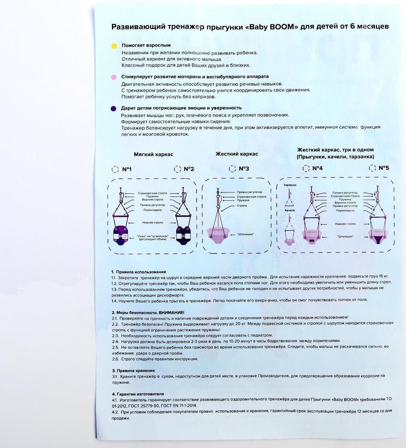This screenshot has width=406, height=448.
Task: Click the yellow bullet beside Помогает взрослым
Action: [114, 46]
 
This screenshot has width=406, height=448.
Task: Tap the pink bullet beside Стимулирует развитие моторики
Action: [114, 77]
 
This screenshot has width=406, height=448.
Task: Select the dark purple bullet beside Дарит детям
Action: [114, 109]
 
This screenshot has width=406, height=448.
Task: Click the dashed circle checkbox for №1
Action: [115, 169]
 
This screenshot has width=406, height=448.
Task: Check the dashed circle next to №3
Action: [232, 169]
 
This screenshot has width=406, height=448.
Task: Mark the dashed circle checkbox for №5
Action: [372, 168]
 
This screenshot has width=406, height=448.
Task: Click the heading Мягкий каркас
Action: [153, 154]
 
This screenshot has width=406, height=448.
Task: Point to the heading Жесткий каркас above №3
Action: [237, 154]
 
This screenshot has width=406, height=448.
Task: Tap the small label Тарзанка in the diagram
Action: [290, 185]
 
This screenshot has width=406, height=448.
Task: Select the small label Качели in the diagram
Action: [290, 210]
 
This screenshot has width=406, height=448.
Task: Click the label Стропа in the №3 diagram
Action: [242, 205]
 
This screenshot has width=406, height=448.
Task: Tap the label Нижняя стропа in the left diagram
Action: [153, 222]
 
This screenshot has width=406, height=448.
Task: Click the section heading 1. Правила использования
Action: [139, 272]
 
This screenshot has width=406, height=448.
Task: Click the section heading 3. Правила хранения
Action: [133, 371]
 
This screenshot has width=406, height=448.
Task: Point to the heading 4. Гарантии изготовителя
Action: [138, 394]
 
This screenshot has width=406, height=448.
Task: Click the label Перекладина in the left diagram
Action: [153, 210]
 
